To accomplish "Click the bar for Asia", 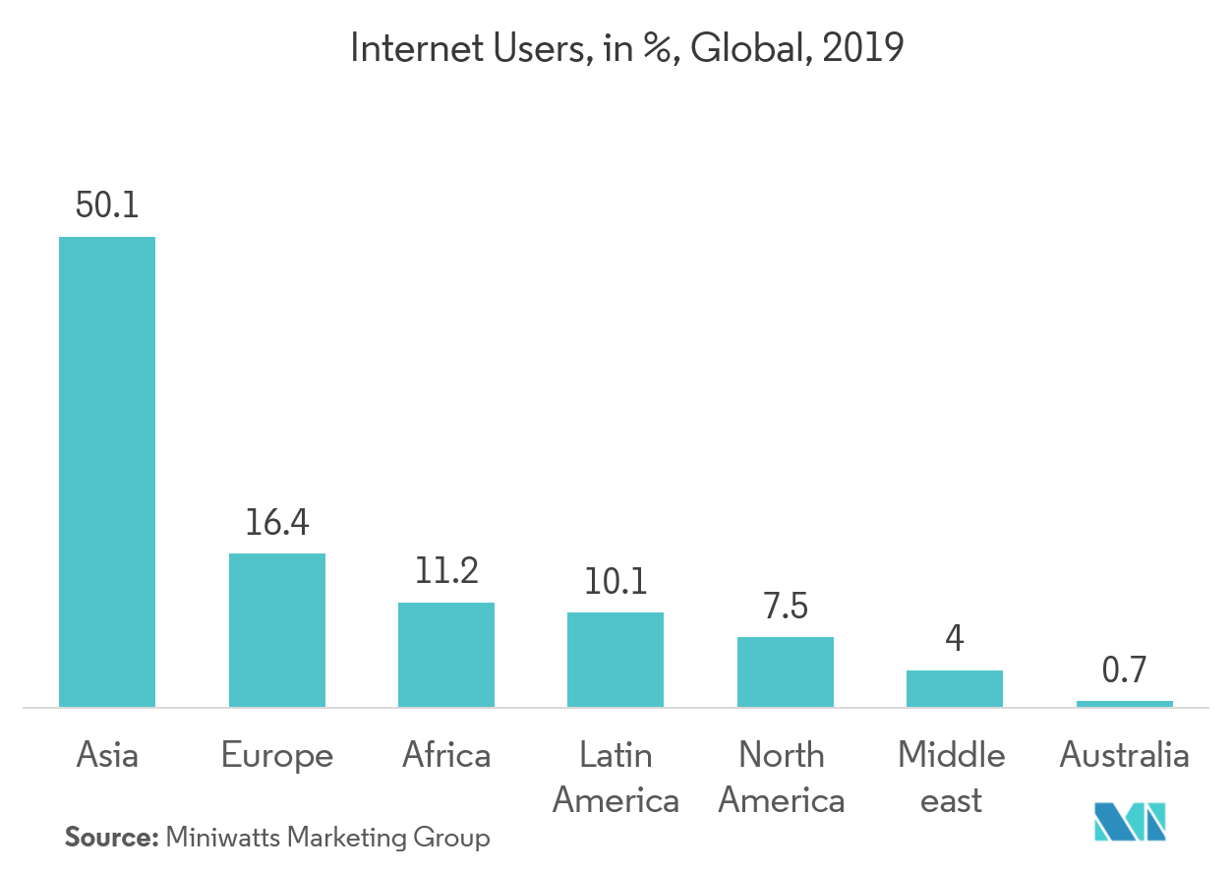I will tap(107, 472).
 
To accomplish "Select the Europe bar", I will tap(276, 630).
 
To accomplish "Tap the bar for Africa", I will tap(445, 655).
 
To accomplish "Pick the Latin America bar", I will tap(616, 660).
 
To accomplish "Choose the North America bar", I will tap(785, 671).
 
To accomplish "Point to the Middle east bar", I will tap(954, 688).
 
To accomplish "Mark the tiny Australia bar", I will tap(1124, 704).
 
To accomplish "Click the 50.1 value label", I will tap(107, 206).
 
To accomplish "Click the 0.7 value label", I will tap(1124, 670).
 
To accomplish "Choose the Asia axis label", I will tap(107, 756).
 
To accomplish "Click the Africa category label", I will tap(445, 756).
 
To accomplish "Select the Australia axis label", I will tap(1124, 756).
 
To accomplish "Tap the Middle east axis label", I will tap(952, 778).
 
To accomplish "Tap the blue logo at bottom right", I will tap(1130, 822).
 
